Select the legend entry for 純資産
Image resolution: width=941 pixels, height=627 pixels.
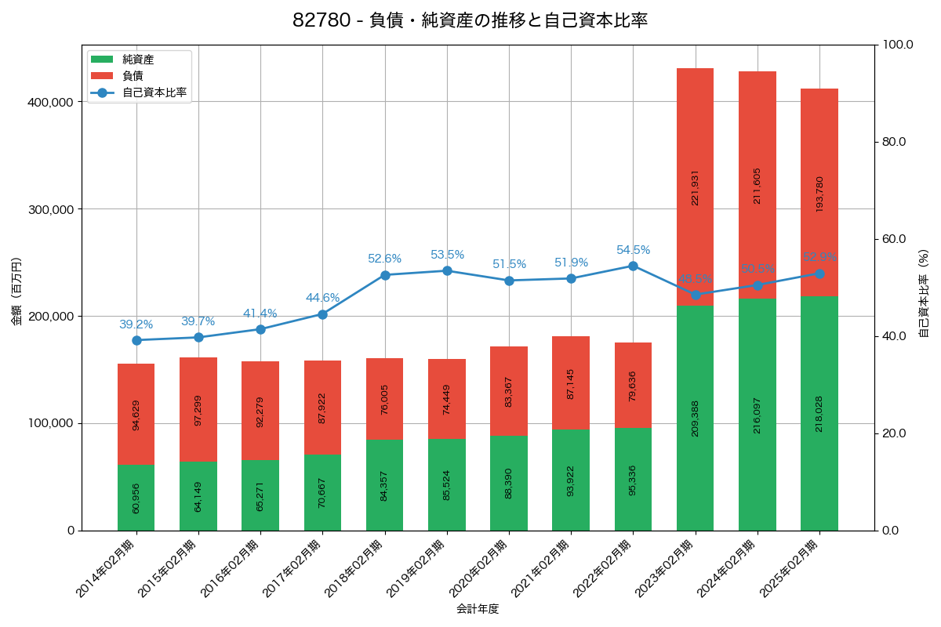coord(138,60)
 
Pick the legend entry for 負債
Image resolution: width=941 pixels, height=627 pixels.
coord(133,76)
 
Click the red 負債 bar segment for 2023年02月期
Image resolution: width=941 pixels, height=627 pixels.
coord(695,187)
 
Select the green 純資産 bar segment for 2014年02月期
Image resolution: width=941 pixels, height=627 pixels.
coord(136,498)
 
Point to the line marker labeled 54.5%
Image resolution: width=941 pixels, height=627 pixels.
coord(633,266)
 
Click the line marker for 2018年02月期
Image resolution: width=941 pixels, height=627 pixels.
coord(385,275)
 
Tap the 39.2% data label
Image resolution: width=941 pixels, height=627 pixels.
coord(136,324)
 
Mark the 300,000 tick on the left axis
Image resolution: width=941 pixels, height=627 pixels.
coord(51,209)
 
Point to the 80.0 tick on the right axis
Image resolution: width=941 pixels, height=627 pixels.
coord(893,142)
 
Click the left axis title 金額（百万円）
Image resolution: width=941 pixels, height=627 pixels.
coord(16,292)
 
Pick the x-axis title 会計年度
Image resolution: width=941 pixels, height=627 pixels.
coord(478,608)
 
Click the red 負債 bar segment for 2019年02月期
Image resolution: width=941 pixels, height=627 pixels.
coord(447,398)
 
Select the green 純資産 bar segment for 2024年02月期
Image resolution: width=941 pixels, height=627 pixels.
coord(757,415)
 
